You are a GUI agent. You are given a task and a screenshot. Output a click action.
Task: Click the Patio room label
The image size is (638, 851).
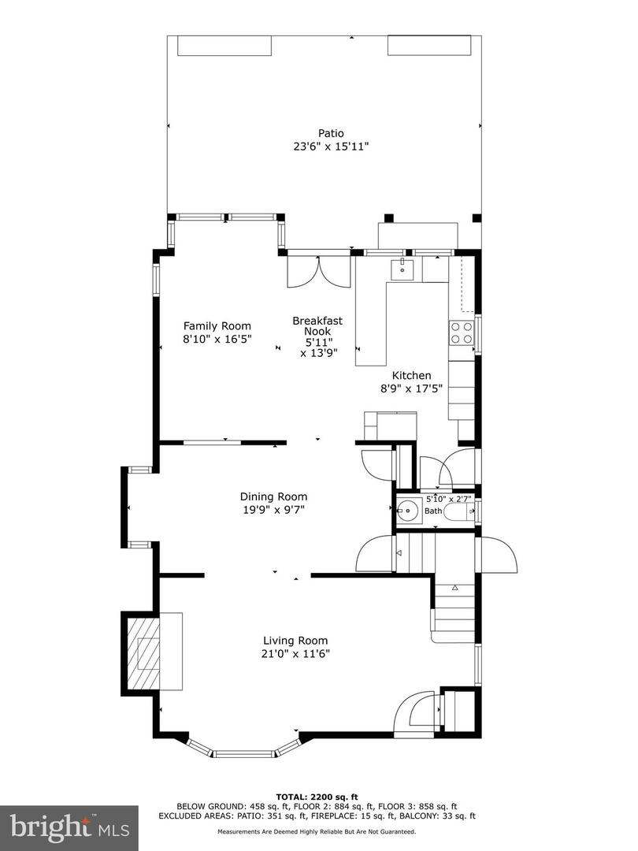[331, 133]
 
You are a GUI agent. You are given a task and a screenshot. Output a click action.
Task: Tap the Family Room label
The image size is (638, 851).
[217, 326]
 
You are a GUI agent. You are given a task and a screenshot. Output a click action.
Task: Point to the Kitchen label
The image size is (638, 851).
[412, 376]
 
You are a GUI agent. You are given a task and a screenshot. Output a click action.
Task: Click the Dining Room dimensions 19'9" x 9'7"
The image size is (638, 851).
[273, 510]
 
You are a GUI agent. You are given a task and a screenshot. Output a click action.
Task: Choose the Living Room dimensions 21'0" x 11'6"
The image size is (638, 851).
[295, 654]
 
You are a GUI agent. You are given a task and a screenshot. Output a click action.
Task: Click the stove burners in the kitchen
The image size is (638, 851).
[462, 333]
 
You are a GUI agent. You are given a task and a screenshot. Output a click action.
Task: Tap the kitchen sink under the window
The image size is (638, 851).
[403, 269]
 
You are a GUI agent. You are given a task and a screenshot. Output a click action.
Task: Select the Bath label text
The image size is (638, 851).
[434, 511]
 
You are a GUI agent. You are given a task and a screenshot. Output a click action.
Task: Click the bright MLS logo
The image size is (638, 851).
[69, 827]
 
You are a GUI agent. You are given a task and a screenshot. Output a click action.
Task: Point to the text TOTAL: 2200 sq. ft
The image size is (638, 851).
[319, 796]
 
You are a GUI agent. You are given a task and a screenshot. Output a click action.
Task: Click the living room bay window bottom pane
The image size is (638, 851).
[244, 754]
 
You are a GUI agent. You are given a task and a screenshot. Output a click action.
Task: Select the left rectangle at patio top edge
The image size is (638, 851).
[225, 46]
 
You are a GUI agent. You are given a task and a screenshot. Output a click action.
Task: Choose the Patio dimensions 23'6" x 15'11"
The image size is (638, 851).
[331, 147]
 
